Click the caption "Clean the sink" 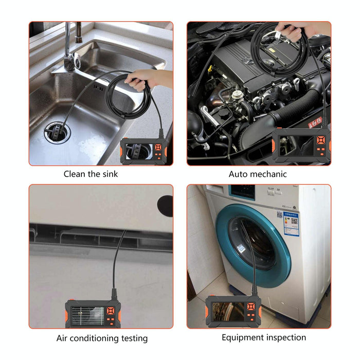tap(91, 174)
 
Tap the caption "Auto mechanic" tap(258, 174)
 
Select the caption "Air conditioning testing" tap(102, 338)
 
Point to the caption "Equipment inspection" tap(264, 337)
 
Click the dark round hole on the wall tap(165, 205)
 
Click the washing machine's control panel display tap(242, 191)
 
